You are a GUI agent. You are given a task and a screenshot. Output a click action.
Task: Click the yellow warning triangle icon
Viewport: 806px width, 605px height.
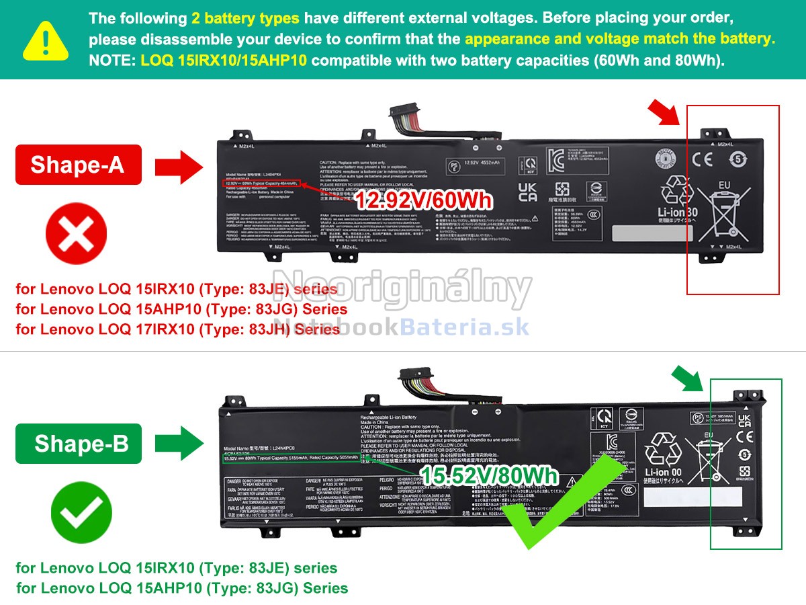pos(46,40)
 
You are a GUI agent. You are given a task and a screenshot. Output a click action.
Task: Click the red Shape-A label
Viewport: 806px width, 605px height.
pos(78,165)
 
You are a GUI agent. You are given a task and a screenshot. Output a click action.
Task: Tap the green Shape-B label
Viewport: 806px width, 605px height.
pos(78,444)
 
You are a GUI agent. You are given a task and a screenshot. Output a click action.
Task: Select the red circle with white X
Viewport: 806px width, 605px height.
pos(76,236)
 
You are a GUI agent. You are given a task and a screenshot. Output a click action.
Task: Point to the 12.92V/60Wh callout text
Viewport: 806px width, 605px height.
pos(424,200)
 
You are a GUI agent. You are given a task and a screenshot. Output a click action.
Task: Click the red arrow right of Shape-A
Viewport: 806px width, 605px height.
pos(178,165)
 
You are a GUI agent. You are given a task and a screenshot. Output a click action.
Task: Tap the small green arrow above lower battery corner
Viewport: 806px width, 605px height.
pos(689,378)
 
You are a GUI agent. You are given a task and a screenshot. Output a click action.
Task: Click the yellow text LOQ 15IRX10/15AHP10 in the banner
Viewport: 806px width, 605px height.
pos(224,61)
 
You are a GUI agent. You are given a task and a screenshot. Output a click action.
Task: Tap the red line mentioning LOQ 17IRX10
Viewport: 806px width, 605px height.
pos(178,329)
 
